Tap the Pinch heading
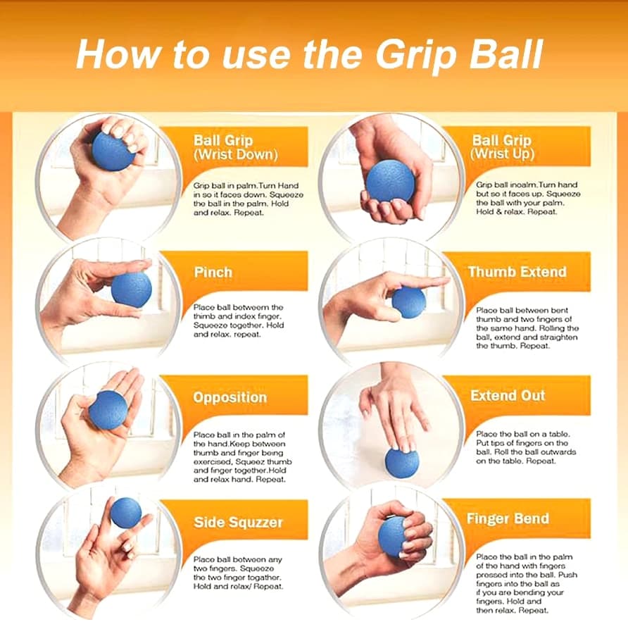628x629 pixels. pos(213,273)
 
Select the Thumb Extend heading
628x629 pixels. pos(517,272)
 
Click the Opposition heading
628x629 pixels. pos(230,397)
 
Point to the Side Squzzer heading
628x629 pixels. pos(238,523)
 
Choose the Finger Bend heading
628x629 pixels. pos(508,518)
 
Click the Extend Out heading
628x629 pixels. pos(508,396)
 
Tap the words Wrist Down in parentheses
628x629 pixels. pos(236,155)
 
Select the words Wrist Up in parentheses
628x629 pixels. pos(503,154)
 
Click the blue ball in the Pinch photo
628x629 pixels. pos(132,288)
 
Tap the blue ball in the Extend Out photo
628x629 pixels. pos(402,463)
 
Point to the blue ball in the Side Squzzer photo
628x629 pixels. pos(126,513)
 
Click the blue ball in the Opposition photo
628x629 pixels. pos(108,410)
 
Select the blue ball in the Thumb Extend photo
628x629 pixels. pos(408,303)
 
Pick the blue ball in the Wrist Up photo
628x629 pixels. pos(390,182)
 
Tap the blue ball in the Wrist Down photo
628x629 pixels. pos(113,150)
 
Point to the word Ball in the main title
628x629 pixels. pos(505,54)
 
